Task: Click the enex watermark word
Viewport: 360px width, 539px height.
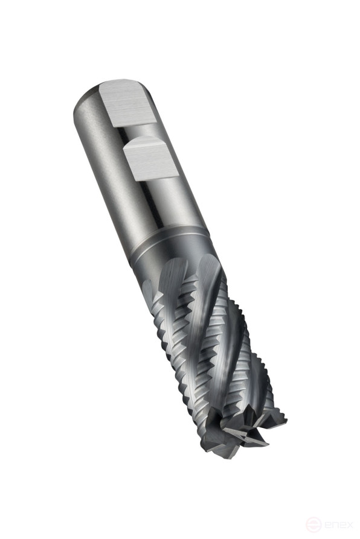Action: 336,523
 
